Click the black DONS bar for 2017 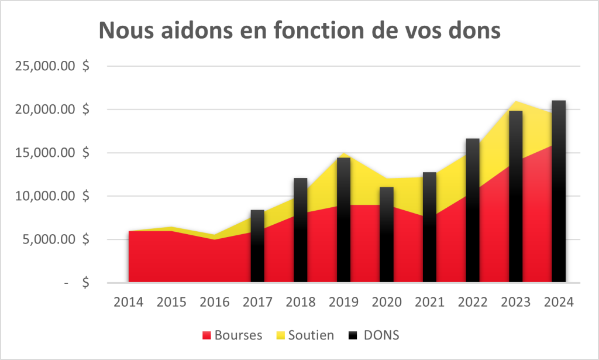tap(257, 246)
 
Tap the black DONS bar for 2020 tap(387, 234)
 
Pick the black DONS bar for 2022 tap(473, 211)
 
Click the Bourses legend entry tap(232, 335)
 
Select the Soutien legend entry tap(305, 335)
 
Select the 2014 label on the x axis tap(129, 302)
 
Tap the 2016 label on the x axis tap(215, 302)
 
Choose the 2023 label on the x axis tap(515, 302)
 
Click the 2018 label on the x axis tap(301, 302)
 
